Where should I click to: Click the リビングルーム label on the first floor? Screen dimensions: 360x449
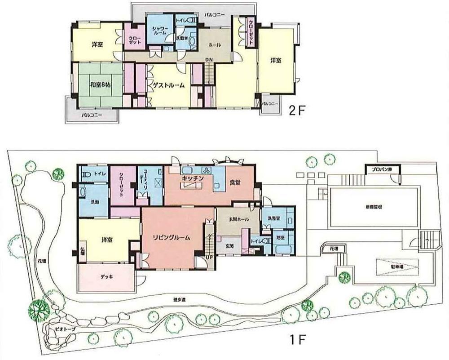pyautogui.click(x=171, y=237)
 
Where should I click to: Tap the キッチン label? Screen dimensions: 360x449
pyautogui.click(x=194, y=179)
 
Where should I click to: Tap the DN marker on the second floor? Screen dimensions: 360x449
pyautogui.click(x=209, y=60)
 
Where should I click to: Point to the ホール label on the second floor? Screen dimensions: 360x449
pyautogui.click(x=214, y=45)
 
